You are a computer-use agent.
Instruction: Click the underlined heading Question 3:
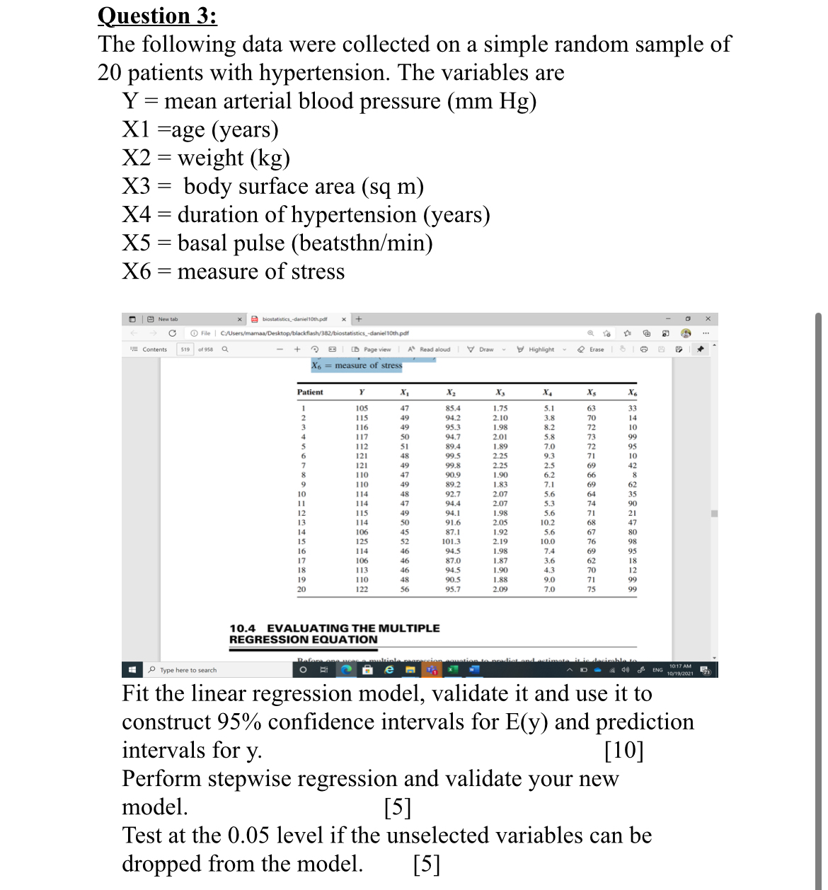(157, 16)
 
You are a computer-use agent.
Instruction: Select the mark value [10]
(623, 750)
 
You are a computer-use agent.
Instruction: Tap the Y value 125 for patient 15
(362, 541)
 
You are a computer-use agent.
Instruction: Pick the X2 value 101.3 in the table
(452, 541)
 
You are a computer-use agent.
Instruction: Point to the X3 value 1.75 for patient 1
(500, 408)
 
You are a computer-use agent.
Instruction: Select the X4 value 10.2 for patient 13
(548, 522)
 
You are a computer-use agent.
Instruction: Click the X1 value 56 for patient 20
(405, 589)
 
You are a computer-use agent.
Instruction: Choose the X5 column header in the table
(591, 393)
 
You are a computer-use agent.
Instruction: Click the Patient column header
(310, 392)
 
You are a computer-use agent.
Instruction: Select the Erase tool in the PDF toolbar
(592, 349)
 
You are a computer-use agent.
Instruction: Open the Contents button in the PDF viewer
(149, 349)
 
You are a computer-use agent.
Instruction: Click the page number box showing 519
(185, 349)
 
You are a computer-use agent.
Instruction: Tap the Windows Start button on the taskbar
(132, 669)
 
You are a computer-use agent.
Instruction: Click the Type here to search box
(188, 670)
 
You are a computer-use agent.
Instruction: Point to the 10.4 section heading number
(243, 628)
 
